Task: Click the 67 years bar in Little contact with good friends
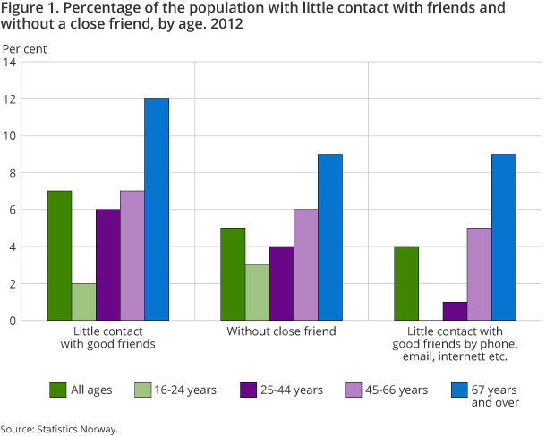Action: pos(157,209)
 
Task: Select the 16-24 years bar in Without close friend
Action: pos(257,292)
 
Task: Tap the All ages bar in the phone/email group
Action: pos(407,283)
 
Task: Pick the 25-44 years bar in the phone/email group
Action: pos(456,311)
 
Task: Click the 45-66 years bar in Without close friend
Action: pos(306,264)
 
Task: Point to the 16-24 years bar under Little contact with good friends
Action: pos(84,302)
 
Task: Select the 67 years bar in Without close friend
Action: pos(330,237)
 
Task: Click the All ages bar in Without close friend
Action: pos(233,273)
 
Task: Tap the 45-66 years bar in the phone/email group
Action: pos(480,273)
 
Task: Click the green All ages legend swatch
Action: pos(57,390)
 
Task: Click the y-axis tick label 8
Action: pos(13,172)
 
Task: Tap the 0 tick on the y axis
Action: pos(13,320)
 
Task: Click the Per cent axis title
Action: pos(24,48)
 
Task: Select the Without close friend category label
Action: pos(281,331)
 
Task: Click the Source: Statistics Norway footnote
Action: pos(59,429)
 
